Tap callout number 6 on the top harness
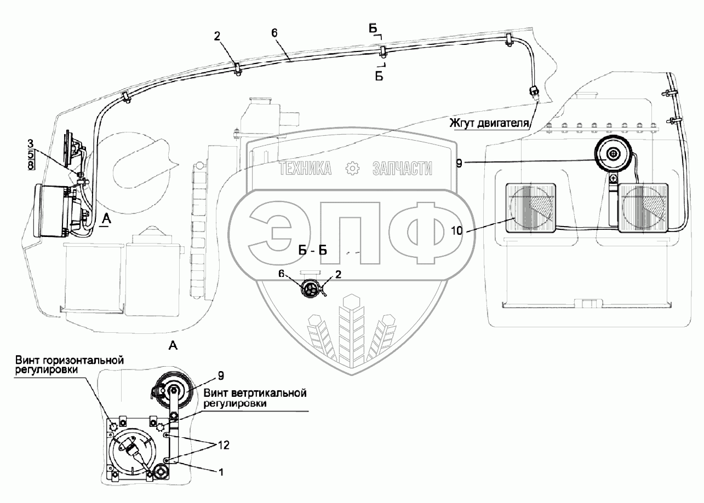(x=274, y=33)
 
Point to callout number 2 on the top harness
(x=217, y=37)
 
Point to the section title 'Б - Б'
(x=313, y=251)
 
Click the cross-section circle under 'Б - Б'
(x=312, y=288)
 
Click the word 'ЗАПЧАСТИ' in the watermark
(x=402, y=169)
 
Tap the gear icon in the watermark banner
(x=352, y=169)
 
